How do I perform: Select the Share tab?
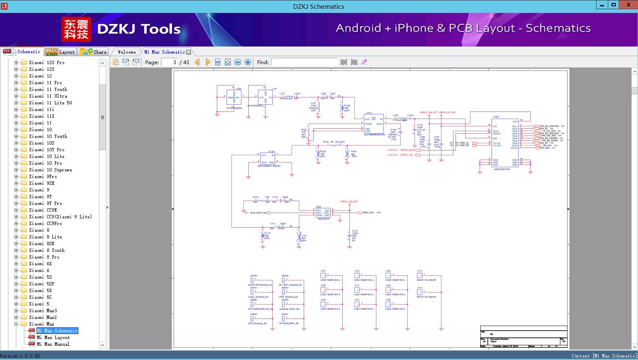[x=94, y=52]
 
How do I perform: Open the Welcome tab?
[x=126, y=52]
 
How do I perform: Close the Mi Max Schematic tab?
[x=189, y=52]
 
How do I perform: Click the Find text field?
[x=304, y=62]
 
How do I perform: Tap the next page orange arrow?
[x=208, y=62]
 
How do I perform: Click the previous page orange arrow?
[x=197, y=62]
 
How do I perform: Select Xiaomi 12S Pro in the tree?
[x=47, y=62]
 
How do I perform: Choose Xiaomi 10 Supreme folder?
[x=50, y=170]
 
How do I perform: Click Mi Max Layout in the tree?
[x=53, y=337]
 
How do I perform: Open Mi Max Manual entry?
[x=53, y=344]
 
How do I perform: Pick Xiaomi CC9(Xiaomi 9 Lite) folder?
[x=60, y=217]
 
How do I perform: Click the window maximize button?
[x=614, y=5]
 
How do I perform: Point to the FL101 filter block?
[x=267, y=159]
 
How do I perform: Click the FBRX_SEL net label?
[x=368, y=212]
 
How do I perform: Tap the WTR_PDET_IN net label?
[x=258, y=213]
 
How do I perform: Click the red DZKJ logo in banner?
[x=76, y=29]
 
